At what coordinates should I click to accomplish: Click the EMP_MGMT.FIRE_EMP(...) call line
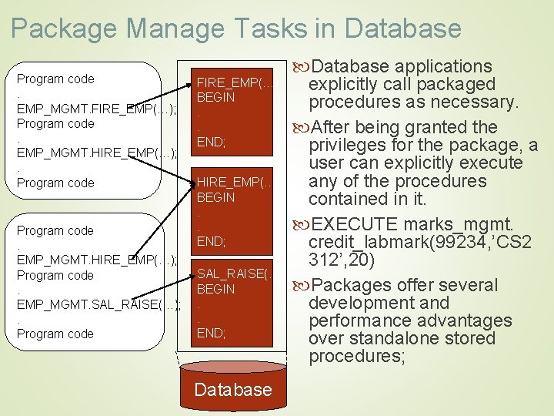pos(97,109)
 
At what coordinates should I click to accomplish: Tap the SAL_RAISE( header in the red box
pos(235,274)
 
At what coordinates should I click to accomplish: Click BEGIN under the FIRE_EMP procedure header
pos(216,98)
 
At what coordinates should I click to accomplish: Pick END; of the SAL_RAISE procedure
pos(211,333)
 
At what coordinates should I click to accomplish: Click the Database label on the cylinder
pos(232,389)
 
